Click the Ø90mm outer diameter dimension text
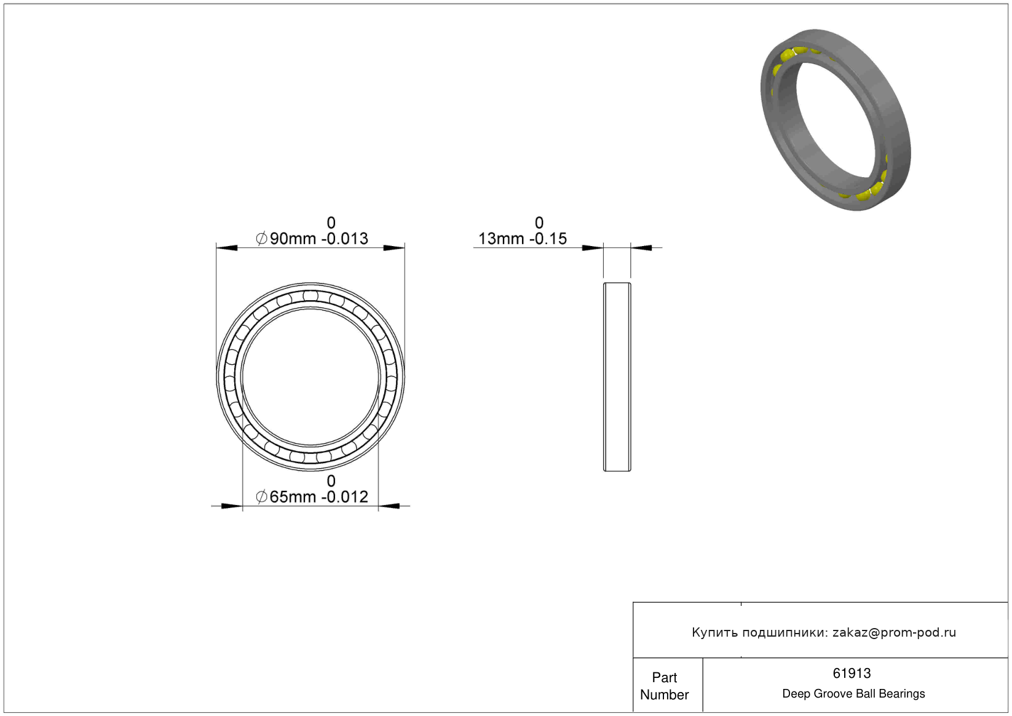(286, 239)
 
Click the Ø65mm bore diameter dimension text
(286, 497)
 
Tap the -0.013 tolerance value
(345, 239)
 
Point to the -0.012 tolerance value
(345, 497)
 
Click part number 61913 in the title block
(852, 674)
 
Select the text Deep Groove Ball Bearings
(853, 694)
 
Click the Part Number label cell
(664, 686)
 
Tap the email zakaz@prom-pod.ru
(894, 632)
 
